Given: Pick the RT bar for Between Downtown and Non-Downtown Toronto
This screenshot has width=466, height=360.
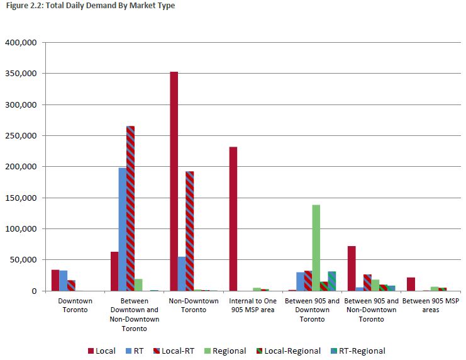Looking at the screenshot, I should (x=123, y=229).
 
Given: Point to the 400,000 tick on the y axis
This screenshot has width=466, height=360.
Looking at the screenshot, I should (x=23, y=43).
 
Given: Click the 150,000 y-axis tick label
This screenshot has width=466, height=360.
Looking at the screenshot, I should (x=23, y=198).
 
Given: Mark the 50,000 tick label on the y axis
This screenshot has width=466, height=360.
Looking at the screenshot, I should (x=25, y=260).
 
